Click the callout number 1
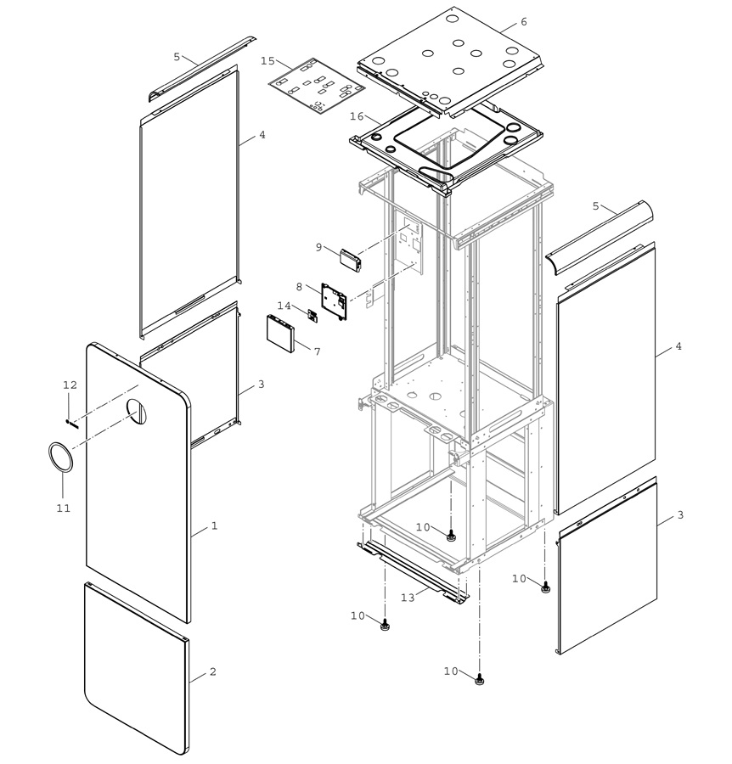coord(213,525)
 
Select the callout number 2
coord(212,671)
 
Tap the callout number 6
coord(523,21)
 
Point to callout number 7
coord(318,351)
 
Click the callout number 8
coord(299,286)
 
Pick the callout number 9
coord(318,247)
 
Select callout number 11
coord(64,508)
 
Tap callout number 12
coord(70,385)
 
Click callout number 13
coord(408,597)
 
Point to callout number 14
coord(284,306)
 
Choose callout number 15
coord(267,60)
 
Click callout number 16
coord(357,116)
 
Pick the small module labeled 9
coord(352,261)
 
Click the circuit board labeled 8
coord(335,301)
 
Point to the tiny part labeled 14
coord(313,315)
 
